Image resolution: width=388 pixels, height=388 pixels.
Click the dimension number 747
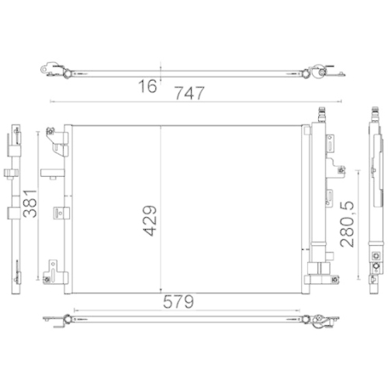189,93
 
